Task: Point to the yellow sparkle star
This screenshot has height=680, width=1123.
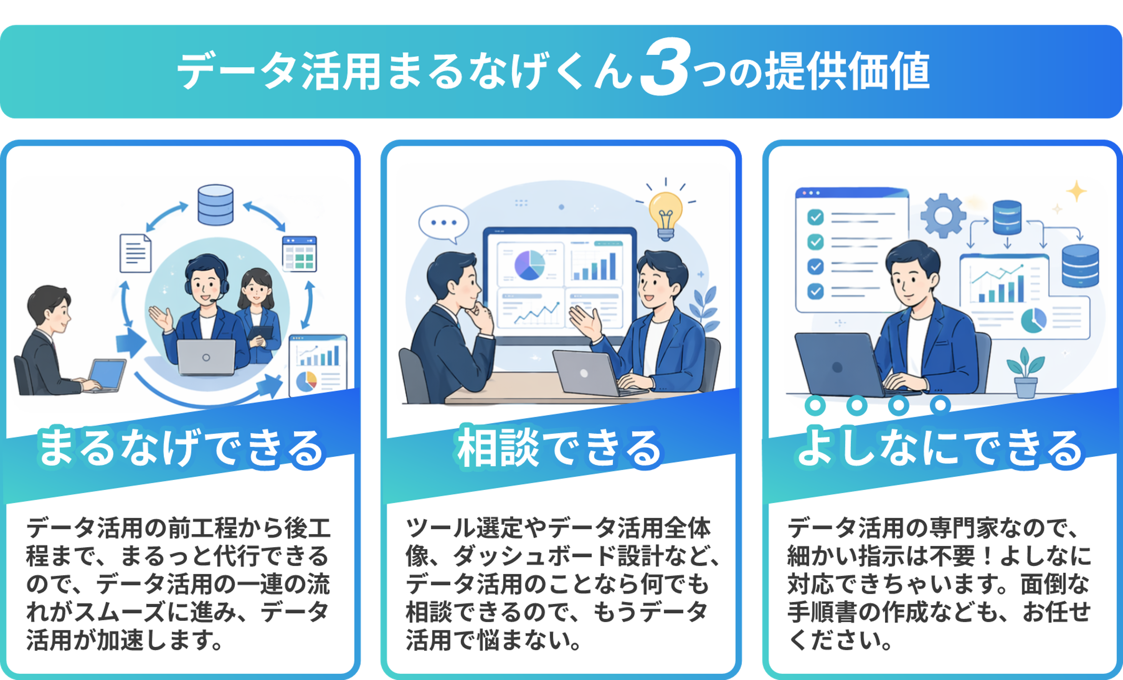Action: pos(1077,192)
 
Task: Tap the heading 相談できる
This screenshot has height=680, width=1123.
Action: pos(560,449)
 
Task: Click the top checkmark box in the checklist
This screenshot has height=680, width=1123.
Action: pos(815,217)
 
